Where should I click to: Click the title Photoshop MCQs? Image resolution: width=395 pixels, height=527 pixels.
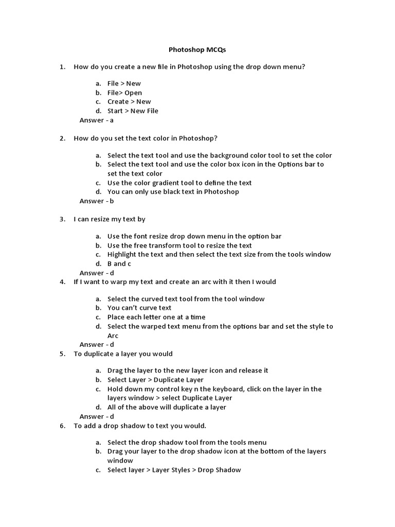tap(197, 50)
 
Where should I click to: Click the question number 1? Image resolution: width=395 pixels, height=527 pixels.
tap(62, 67)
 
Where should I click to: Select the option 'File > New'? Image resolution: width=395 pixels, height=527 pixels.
tap(124, 83)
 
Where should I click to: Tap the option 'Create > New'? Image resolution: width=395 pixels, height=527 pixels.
tap(129, 101)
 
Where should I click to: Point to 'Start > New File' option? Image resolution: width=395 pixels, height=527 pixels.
tap(133, 111)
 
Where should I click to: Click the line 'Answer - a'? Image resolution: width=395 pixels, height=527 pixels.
tap(96, 120)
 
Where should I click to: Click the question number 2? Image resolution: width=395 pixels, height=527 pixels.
tap(62, 138)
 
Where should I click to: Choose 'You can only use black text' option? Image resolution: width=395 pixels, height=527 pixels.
tap(173, 191)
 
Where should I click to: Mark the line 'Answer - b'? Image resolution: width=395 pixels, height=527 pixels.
tap(97, 201)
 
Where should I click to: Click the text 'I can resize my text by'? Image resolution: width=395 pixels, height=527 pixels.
tap(110, 219)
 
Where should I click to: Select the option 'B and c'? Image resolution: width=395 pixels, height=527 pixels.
tap(119, 263)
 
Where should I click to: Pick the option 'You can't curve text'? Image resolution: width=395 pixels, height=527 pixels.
tap(139, 308)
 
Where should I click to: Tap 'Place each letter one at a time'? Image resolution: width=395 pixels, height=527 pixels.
tap(156, 317)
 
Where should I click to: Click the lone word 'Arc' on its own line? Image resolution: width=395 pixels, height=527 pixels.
tap(113, 336)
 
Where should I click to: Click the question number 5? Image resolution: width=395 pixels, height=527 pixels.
tap(62, 354)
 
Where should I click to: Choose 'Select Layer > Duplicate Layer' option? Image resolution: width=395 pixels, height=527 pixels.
tap(155, 380)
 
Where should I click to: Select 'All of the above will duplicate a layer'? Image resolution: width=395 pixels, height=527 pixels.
tap(167, 407)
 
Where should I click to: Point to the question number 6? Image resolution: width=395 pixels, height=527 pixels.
tap(62, 426)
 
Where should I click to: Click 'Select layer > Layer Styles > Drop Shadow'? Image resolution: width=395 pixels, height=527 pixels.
tap(174, 470)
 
